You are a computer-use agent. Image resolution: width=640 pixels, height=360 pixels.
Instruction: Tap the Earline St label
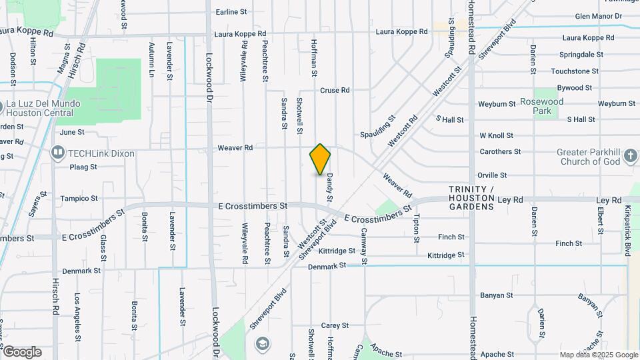tap(231, 12)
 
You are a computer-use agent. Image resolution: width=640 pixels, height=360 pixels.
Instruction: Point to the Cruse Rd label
tap(335, 90)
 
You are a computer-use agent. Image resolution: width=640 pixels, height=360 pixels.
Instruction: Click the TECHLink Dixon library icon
tap(57, 153)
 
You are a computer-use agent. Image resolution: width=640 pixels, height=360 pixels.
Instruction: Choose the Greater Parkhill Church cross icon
tap(631, 157)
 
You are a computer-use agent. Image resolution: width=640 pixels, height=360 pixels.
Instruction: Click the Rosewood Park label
tap(542, 106)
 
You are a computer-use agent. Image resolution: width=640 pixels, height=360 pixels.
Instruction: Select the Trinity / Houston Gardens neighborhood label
tap(471, 198)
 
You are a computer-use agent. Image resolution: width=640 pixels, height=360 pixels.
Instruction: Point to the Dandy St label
tap(329, 189)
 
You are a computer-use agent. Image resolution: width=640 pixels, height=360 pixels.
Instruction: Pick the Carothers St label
tap(500, 152)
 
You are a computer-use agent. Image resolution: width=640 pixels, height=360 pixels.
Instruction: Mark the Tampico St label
tap(79, 199)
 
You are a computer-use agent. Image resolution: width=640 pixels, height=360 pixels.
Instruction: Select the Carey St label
tap(335, 325)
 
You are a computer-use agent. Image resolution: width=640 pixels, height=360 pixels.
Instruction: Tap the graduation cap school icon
tap(263, 343)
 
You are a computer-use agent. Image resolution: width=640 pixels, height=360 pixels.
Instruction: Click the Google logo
tap(23, 352)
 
